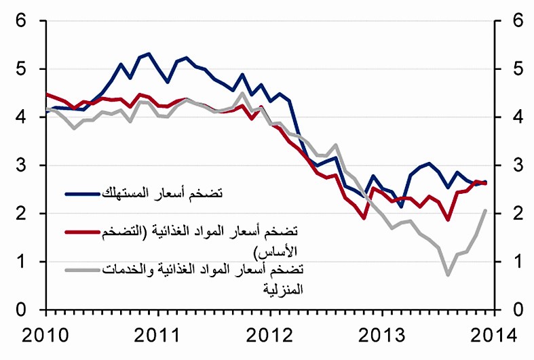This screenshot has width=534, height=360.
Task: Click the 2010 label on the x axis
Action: tap(45, 335)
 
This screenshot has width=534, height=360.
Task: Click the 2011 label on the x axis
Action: tap(157, 335)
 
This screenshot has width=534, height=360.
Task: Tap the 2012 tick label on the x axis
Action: tap(270, 335)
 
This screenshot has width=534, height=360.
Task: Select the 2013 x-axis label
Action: tap(382, 335)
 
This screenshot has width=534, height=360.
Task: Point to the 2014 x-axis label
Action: tap(493, 335)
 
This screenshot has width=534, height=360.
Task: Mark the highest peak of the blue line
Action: tap(149, 53)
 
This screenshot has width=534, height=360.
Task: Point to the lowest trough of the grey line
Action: tap(448, 275)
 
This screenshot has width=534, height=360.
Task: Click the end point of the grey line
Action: tap(485, 210)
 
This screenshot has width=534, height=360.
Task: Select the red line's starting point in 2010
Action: tap(45, 94)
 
